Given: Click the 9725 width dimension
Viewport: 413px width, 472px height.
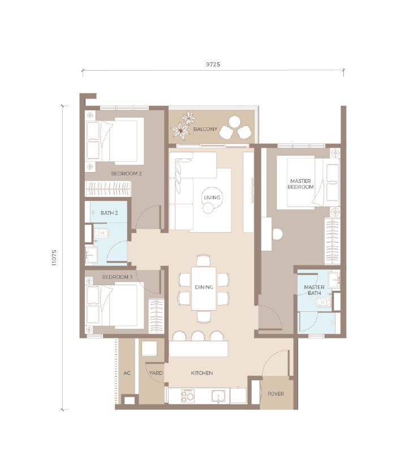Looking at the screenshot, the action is pyautogui.click(x=213, y=65).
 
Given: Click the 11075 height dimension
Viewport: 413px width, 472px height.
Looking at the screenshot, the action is pyautogui.click(x=54, y=258).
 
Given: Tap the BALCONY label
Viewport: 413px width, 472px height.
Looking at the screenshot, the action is pyautogui.click(x=205, y=129).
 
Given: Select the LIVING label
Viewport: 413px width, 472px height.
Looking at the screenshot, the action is pyautogui.click(x=212, y=198).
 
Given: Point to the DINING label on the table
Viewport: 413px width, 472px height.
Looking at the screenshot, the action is pyautogui.click(x=204, y=287).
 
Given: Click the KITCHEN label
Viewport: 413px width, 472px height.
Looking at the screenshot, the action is pyautogui.click(x=201, y=373).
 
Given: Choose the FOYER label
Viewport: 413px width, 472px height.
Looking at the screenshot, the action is pyautogui.click(x=276, y=394).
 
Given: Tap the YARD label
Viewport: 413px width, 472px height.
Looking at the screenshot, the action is pyautogui.click(x=156, y=373).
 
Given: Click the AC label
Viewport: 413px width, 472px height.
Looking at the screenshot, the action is pyautogui.click(x=127, y=373).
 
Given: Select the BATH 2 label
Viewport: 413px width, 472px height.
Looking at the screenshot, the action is pyautogui.click(x=109, y=213).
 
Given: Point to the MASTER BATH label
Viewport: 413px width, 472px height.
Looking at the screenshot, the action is pyautogui.click(x=314, y=290).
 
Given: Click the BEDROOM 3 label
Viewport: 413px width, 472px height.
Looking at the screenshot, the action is pyautogui.click(x=117, y=277).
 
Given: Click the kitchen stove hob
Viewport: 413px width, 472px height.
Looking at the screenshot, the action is pyautogui.click(x=188, y=396).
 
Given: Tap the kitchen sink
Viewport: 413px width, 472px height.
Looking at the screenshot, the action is pyautogui.click(x=218, y=396).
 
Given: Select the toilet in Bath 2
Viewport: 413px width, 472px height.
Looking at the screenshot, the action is pyautogui.click(x=101, y=233).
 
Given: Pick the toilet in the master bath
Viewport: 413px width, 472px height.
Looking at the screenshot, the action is pyautogui.click(x=323, y=302).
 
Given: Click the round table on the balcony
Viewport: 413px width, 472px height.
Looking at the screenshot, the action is pyautogui.click(x=234, y=122).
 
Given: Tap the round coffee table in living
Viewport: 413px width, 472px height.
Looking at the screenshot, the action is pyautogui.click(x=213, y=198).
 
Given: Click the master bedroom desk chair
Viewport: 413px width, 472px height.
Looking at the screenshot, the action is pyautogui.click(x=278, y=234).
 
